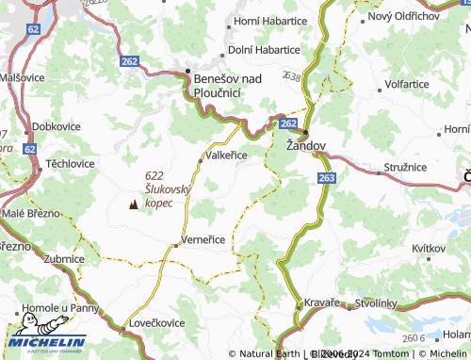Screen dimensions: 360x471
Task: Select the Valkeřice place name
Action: pos(227,156)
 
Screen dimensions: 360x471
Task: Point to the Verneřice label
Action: pos(203,239)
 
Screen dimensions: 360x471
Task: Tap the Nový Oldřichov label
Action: pos(403,16)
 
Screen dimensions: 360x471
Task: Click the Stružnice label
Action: pos(406,167)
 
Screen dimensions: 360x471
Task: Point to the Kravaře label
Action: pos(320,303)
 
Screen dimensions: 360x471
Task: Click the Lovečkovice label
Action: pos(158,323)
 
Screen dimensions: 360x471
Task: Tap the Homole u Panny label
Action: pos(67,308)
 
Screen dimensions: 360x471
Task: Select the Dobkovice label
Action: pos(55,125)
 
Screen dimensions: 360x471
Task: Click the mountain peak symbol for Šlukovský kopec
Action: pos(132,203)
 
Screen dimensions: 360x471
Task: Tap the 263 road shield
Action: pos(326,177)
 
